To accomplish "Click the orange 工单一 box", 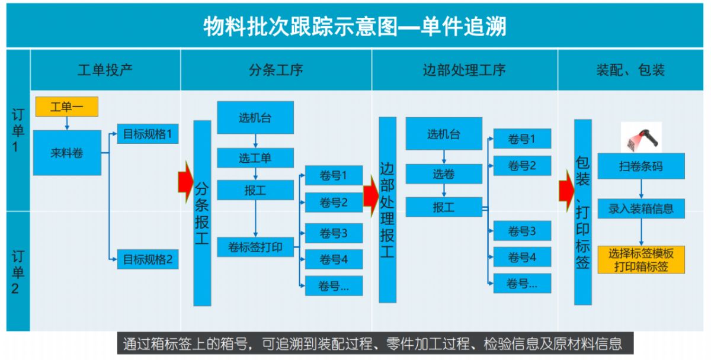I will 66,107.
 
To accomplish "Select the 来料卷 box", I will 66,153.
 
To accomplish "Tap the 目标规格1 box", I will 148,134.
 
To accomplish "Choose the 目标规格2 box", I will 148,259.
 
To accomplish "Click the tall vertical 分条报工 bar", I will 202,213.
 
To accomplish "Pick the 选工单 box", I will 255,158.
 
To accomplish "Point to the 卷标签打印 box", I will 255,247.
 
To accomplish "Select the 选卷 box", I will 444,174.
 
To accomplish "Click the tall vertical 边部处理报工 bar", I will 387,210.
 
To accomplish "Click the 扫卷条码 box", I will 640,166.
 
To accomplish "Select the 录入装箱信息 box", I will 640,208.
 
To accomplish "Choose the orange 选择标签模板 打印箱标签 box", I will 640,260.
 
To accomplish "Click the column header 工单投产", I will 105,70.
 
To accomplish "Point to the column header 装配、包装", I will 631,70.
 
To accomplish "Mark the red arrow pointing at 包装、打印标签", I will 566,189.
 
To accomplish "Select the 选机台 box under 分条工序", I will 255,117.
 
